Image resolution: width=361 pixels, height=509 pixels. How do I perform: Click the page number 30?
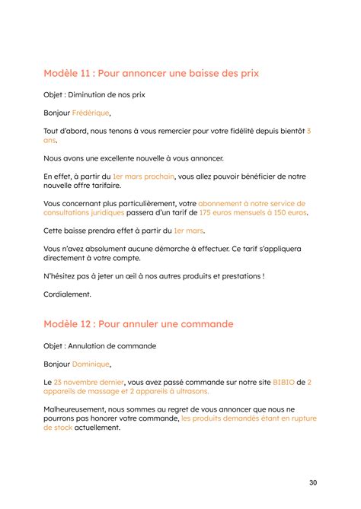313,482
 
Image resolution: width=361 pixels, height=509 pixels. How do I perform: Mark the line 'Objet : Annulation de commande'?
100,345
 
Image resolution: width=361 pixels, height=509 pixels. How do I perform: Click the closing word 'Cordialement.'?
67,294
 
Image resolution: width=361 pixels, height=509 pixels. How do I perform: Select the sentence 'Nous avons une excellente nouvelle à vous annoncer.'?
134,158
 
